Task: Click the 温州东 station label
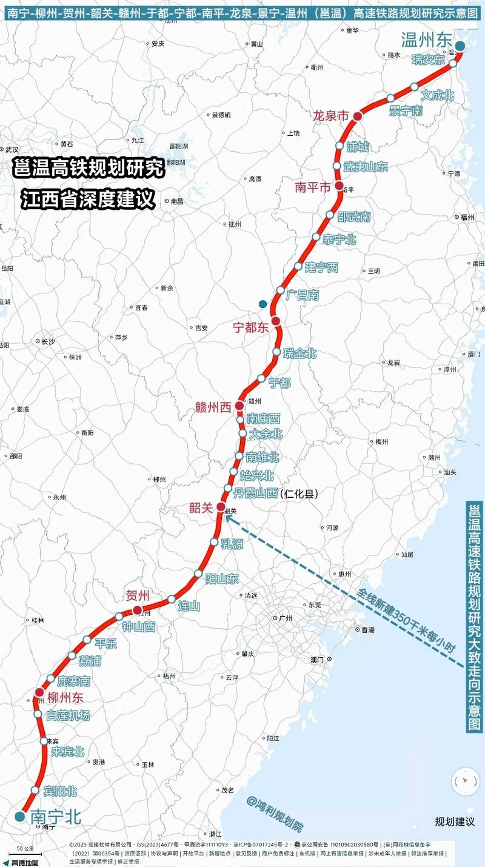click(427, 41)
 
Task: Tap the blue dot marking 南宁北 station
click(20, 817)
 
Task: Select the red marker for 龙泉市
click(358, 116)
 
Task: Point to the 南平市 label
click(313, 187)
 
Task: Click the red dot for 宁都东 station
click(276, 320)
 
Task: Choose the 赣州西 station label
click(213, 407)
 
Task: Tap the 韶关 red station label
click(201, 508)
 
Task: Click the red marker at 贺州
click(138, 610)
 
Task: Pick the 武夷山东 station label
click(366, 167)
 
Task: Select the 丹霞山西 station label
click(256, 494)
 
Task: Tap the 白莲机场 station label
click(69, 715)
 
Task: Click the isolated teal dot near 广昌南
click(263, 304)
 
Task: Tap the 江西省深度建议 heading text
click(87, 199)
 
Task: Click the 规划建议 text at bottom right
click(455, 822)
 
